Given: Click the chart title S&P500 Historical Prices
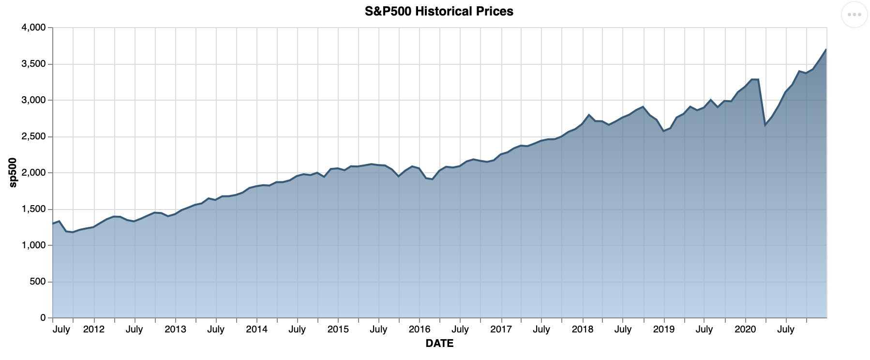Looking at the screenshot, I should point(439,11).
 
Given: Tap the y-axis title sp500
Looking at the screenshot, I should point(13,172).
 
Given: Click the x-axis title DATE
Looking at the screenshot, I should point(439,344).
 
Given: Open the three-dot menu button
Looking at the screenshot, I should point(854,15).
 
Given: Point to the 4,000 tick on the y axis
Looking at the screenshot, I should point(34,28).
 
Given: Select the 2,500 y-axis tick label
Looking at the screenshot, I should point(34,137).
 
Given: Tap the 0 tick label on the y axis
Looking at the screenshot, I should point(43,318).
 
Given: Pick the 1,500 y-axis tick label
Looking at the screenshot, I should point(34,210).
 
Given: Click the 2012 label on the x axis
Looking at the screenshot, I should point(94,330).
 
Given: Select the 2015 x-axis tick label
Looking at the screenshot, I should point(338,330).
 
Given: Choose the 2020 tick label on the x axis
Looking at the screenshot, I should point(745,330).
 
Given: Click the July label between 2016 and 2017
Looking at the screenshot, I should point(460,330).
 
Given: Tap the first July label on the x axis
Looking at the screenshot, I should point(61,330).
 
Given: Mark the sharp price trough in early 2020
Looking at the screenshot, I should point(765,125).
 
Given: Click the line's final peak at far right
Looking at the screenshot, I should point(825,49).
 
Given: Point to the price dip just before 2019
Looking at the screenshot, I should point(663,131).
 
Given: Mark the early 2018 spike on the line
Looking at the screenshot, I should point(589,115).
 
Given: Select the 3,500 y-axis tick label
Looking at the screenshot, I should point(34,64).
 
